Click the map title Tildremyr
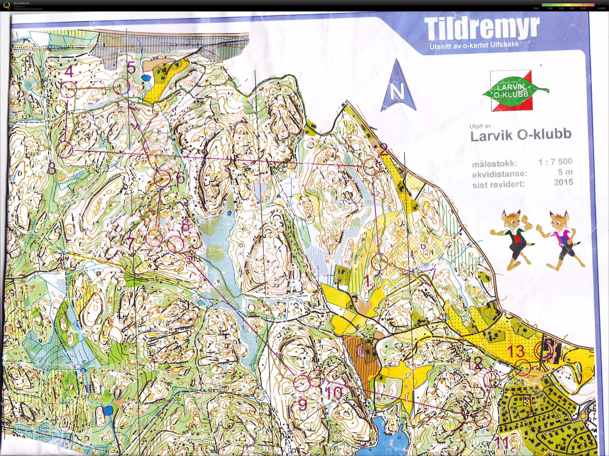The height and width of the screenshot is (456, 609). point(482,29)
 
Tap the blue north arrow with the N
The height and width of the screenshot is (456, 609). point(398,87)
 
